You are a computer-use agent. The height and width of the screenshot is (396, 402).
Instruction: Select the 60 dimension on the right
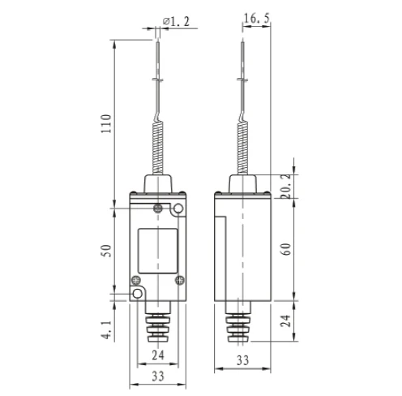pos(286,249)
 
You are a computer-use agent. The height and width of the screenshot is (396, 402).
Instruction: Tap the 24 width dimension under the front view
pos(159,355)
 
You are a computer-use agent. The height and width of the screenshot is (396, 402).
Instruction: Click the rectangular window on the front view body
pos(159,251)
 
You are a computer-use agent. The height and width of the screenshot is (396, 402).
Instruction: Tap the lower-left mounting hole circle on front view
pos(138,293)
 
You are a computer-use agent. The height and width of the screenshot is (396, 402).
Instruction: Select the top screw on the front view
pos(159,209)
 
